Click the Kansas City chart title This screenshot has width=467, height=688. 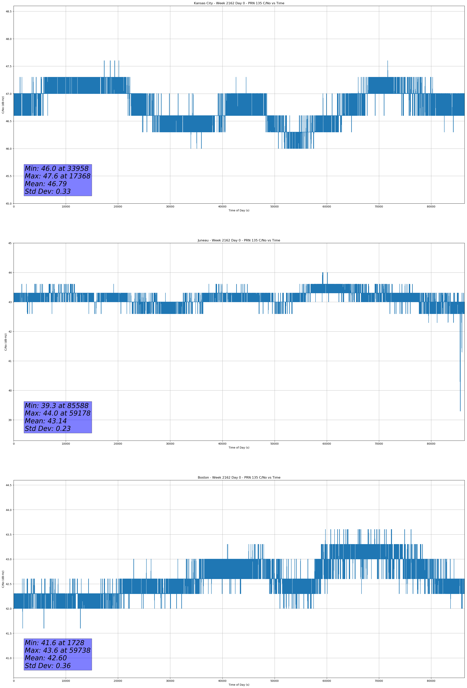[239, 3]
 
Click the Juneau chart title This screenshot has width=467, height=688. [239, 240]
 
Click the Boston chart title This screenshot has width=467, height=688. [239, 478]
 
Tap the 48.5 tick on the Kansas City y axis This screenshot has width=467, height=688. [9, 12]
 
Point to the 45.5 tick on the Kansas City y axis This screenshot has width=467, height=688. [9, 176]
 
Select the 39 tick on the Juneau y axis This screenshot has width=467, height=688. [10, 420]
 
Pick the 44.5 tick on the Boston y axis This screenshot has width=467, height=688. [9, 485]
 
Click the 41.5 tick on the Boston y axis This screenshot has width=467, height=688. [9, 634]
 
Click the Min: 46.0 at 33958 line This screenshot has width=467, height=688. [57, 169]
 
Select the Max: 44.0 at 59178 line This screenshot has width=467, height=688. [57, 413]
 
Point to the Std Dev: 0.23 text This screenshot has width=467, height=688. [48, 429]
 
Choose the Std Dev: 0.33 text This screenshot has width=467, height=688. [48, 192]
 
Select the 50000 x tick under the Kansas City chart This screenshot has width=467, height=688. [274, 207]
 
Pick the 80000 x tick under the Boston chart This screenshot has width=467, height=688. [431, 681]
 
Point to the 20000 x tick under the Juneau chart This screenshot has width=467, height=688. [118, 444]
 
